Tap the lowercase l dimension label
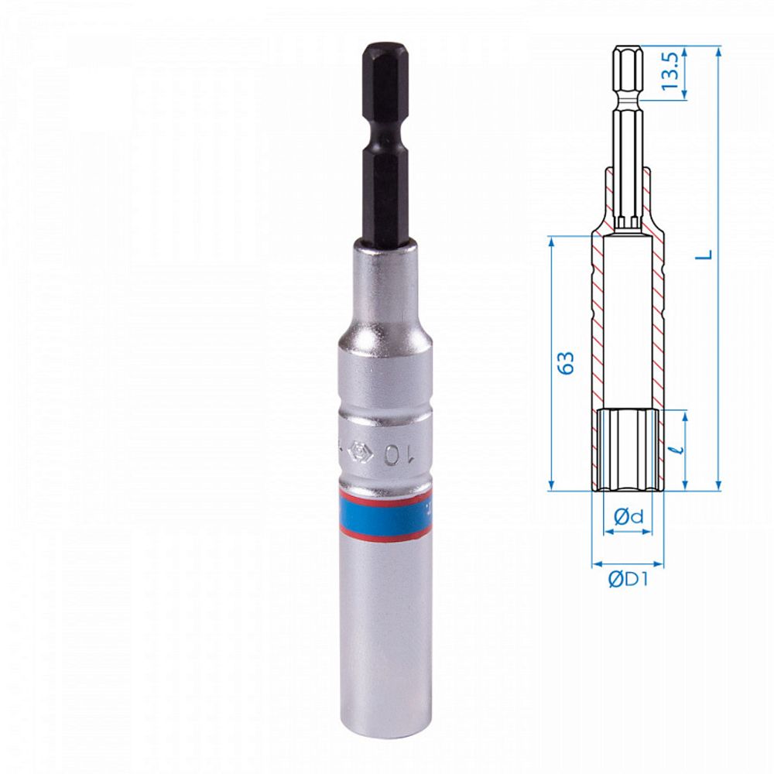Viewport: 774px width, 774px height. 679,449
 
